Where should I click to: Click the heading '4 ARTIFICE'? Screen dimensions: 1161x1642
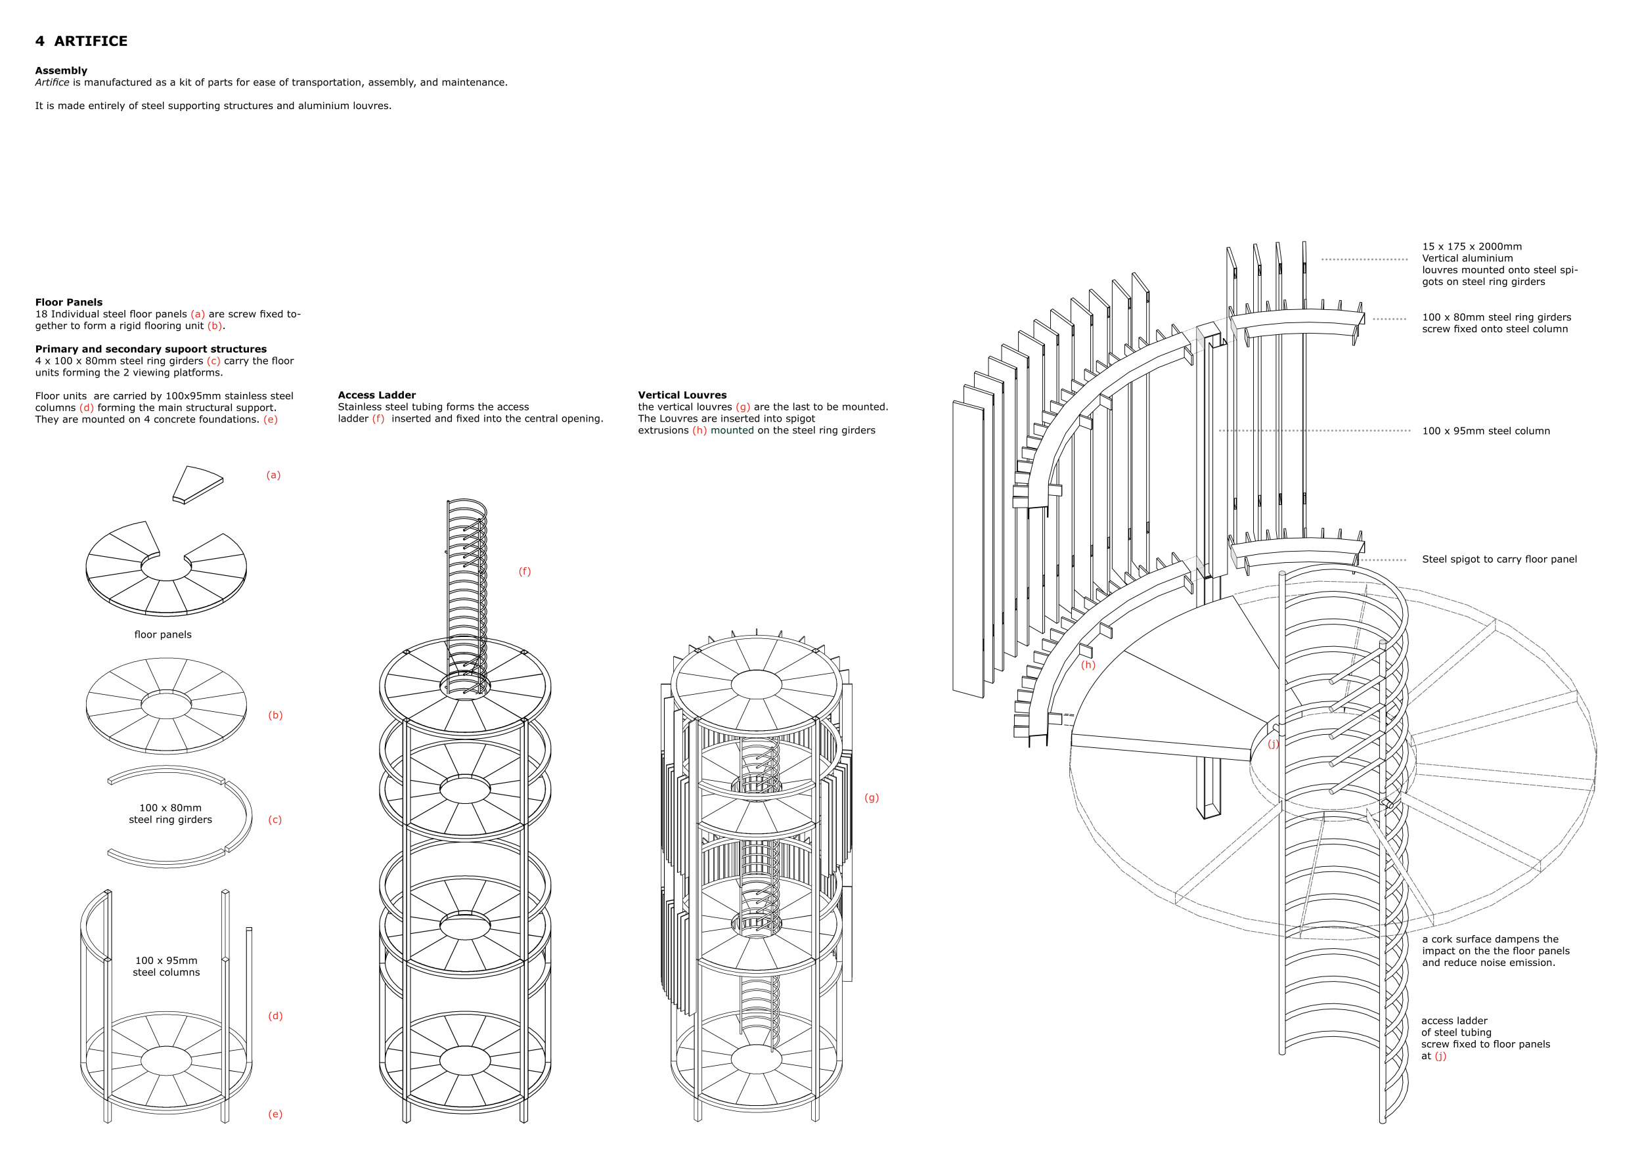tap(81, 41)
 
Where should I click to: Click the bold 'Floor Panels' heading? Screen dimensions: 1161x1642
tap(69, 303)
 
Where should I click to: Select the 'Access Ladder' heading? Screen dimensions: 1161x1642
tap(376, 395)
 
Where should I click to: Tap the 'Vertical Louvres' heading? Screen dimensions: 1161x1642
tap(682, 395)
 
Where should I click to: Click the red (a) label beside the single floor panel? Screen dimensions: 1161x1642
tap(273, 475)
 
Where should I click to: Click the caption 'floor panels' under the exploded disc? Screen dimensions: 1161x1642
tap(162, 634)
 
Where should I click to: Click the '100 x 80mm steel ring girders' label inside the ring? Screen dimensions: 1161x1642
tap(170, 814)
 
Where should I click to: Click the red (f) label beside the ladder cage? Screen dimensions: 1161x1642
tap(524, 571)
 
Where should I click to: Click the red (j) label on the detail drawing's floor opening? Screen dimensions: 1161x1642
tap(1273, 743)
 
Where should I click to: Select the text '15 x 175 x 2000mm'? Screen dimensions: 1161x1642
tap(1471, 247)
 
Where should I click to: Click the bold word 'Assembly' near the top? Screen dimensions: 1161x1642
tap(61, 70)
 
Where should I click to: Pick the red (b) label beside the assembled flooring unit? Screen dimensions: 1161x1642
tap(275, 715)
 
